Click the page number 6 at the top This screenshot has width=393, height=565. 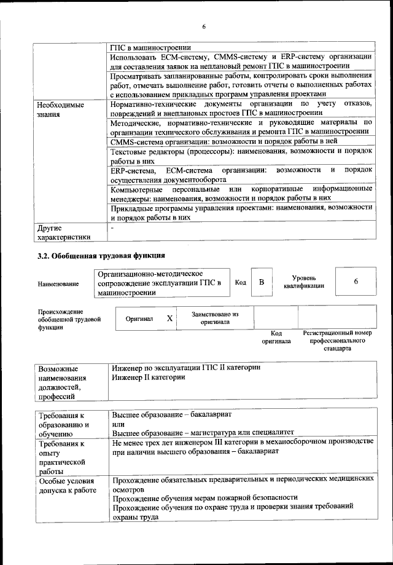pos(203,26)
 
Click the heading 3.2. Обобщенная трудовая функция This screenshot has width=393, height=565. pos(101,255)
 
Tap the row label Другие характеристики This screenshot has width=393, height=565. pos(64,231)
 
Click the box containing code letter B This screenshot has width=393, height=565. pos(262,282)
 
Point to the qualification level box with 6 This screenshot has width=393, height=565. pos(356,281)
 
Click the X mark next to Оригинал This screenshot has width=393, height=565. pos(169,318)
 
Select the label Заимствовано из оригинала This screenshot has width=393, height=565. pos(214,317)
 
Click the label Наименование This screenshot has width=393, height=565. pos(58,283)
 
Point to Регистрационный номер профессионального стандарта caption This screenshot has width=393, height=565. pos(337,340)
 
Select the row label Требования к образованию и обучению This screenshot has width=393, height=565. pos(64,424)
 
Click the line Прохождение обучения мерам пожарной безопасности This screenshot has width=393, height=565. pos(205,497)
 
